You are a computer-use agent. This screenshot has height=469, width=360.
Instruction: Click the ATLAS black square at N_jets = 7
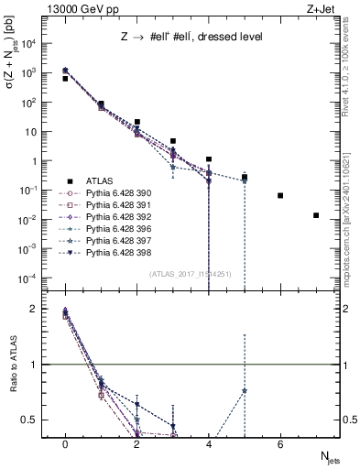[316, 215]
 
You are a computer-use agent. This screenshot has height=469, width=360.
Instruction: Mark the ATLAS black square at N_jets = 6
[280, 195]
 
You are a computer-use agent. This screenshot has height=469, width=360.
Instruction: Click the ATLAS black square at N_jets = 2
[136, 122]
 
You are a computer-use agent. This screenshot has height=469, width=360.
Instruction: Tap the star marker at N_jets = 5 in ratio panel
[245, 391]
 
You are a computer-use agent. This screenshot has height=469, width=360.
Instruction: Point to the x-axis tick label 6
[280, 444]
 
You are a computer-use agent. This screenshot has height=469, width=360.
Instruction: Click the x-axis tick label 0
[65, 444]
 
